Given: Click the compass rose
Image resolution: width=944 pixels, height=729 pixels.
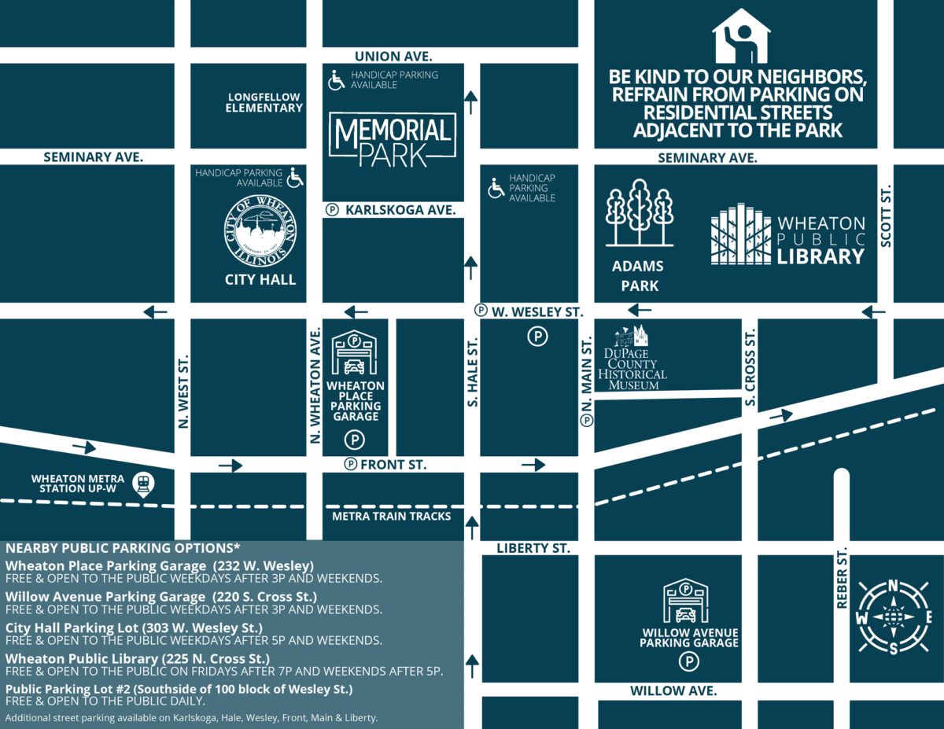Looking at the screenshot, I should pyautogui.click(x=893, y=617).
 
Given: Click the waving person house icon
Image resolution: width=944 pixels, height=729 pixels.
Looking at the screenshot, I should pyautogui.click(x=742, y=36).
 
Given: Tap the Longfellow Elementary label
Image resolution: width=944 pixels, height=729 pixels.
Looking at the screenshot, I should pyautogui.click(x=264, y=102).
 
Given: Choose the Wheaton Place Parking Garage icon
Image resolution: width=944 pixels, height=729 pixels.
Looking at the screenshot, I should pyautogui.click(x=355, y=353).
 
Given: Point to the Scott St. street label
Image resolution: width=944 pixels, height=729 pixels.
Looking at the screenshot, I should pyautogui.click(x=886, y=217).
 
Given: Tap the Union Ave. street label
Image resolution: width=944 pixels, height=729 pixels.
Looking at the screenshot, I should pyautogui.click(x=393, y=56).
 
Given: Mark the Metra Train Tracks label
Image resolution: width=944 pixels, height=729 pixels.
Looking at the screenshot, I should pyautogui.click(x=392, y=516).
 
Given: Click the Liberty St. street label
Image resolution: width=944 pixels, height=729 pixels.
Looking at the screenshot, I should pyautogui.click(x=533, y=547).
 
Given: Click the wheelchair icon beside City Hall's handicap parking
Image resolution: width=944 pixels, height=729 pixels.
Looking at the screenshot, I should pyautogui.click(x=295, y=178).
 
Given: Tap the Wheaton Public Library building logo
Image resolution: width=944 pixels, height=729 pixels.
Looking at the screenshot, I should pyautogui.click(x=740, y=235).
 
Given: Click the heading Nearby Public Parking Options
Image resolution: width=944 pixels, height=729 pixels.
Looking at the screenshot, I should pyautogui.click(x=123, y=547).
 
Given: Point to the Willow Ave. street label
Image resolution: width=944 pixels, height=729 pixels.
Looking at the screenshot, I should pyautogui.click(x=673, y=690).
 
